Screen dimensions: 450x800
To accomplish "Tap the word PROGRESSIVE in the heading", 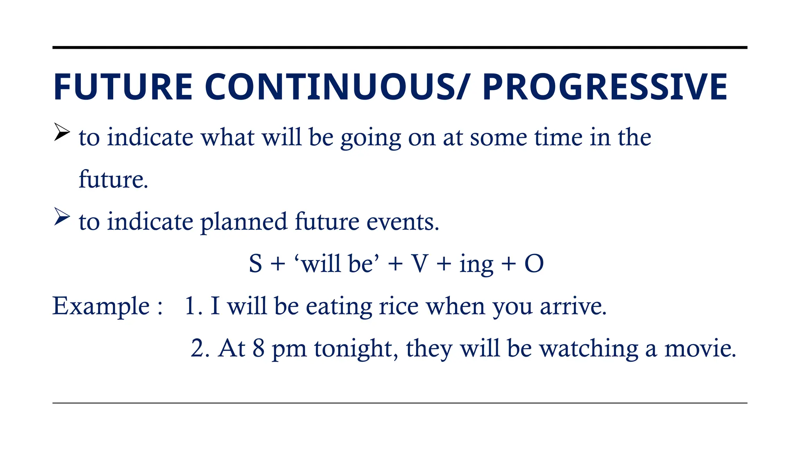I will pos(605,87).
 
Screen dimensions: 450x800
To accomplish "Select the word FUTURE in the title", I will pos(123,87).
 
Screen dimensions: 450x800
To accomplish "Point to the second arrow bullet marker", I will pos(62,216).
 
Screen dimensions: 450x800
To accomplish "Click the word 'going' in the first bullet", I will pos(371,138).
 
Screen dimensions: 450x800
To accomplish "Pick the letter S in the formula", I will pos(255,264).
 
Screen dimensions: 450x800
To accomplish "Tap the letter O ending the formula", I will pos(534,264).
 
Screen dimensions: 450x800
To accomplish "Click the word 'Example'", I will pos(101,306).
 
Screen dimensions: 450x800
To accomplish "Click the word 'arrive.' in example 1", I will pos(573,307).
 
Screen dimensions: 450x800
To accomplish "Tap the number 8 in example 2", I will pos(258,348).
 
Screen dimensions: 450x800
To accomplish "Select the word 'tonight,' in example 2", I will pos(356,349).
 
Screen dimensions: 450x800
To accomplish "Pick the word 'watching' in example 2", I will pos(588,349).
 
